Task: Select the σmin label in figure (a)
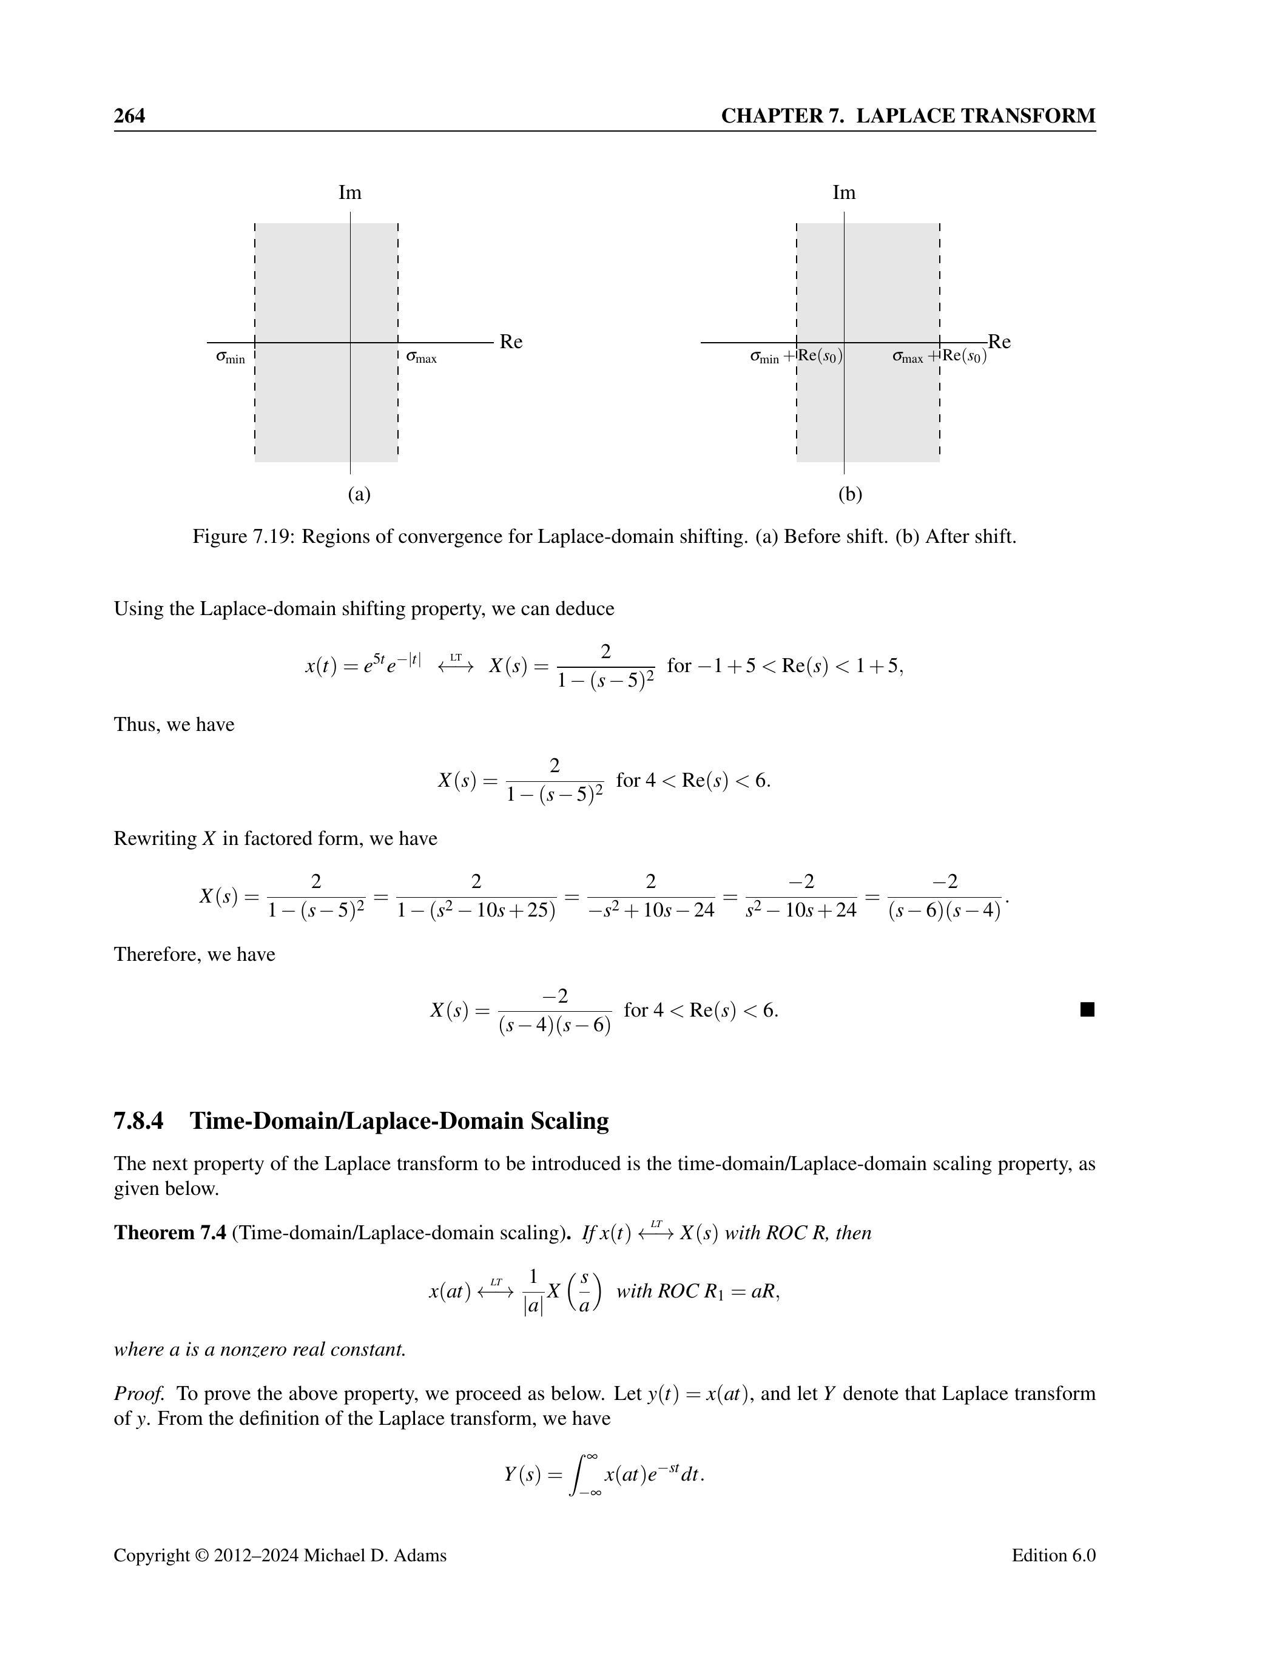click(x=230, y=357)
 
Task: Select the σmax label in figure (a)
click(x=421, y=357)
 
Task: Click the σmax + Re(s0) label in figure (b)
click(x=939, y=356)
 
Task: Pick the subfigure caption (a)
click(x=359, y=494)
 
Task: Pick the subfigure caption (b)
click(x=849, y=494)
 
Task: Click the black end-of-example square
click(x=1087, y=1010)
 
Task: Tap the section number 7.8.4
click(x=138, y=1121)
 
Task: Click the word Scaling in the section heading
click(x=570, y=1121)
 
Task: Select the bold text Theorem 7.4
click(x=170, y=1233)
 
